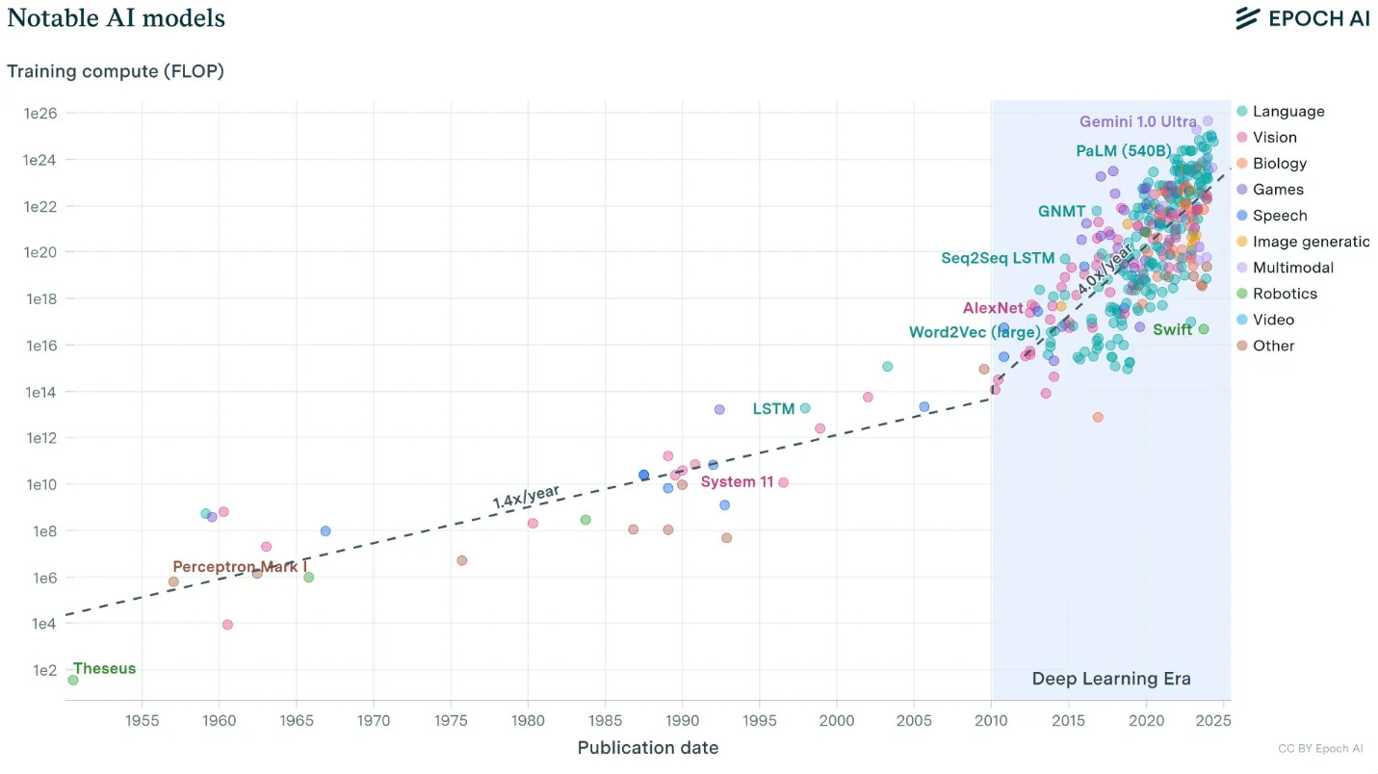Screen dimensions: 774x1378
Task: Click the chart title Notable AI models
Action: coord(117,18)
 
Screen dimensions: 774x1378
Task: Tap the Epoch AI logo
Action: coord(1302,18)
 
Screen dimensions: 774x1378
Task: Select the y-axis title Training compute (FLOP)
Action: coord(116,71)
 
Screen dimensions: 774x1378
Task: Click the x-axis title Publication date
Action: coord(647,748)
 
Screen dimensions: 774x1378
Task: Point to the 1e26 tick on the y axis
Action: coord(40,114)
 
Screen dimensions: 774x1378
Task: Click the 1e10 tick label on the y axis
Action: coord(40,484)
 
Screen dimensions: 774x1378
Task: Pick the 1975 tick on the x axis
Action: coord(451,720)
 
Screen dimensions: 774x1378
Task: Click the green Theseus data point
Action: coord(73,681)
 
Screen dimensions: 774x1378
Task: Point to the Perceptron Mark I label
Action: coord(235,567)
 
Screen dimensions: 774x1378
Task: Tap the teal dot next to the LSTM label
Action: coord(805,408)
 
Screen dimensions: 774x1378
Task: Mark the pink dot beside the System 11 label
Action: coord(783,482)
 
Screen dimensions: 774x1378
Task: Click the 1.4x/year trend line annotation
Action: coord(526,497)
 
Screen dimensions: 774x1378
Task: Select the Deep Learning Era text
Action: coord(1111,679)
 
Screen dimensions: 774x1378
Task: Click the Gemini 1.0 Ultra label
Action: coord(1137,122)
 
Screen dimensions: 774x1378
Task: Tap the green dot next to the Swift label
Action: coord(1203,329)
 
